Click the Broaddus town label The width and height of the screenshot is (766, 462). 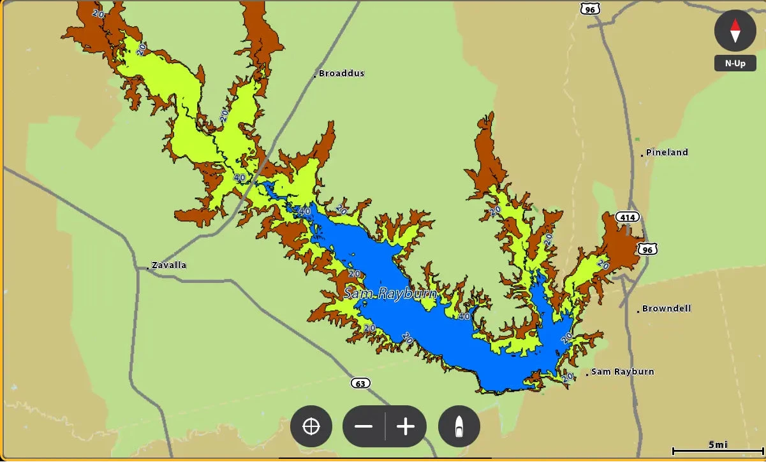[x=342, y=73]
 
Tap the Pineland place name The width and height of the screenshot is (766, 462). [x=667, y=152]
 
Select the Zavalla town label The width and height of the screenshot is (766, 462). [x=169, y=265]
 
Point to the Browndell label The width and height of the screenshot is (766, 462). [x=667, y=308]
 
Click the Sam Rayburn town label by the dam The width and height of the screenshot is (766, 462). [x=622, y=372]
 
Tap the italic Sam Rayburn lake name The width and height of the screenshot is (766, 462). [x=390, y=294]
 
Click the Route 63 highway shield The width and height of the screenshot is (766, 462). [x=360, y=383]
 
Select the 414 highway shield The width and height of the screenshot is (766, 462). [x=628, y=218]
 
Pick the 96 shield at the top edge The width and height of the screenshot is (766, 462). [x=590, y=9]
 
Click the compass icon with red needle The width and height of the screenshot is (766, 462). [x=735, y=31]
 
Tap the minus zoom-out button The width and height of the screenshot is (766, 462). [x=364, y=426]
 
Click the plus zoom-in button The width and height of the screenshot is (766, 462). [x=406, y=426]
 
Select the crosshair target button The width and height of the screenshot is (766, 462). [x=311, y=426]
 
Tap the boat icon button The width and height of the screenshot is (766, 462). [x=459, y=426]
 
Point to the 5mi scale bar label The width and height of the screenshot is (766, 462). [x=718, y=445]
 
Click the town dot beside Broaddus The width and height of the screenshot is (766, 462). [x=314, y=76]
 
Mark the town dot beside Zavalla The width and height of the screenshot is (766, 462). [x=148, y=268]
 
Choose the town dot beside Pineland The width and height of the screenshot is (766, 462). [x=642, y=155]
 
